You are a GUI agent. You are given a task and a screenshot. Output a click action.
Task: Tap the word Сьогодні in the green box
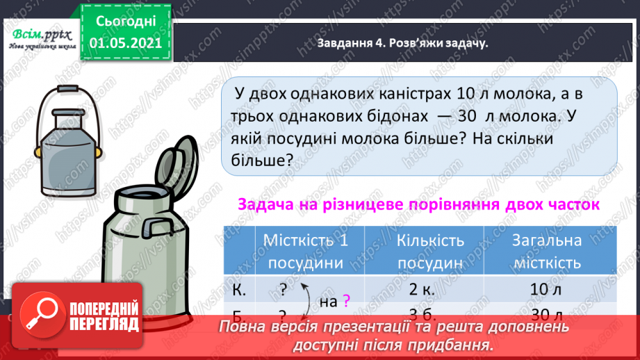(125, 22)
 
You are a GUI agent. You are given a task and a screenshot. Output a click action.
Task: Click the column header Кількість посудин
(430, 252)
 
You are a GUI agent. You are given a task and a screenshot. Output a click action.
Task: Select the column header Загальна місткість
(546, 252)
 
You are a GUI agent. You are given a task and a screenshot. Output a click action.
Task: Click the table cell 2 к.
(430, 288)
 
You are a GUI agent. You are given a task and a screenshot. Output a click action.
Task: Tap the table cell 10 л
(546, 288)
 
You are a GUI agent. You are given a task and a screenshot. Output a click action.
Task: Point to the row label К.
(235, 288)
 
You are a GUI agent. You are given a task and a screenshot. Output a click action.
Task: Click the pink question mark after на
(347, 300)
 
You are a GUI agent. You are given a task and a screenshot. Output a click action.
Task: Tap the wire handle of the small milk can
(69, 104)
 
